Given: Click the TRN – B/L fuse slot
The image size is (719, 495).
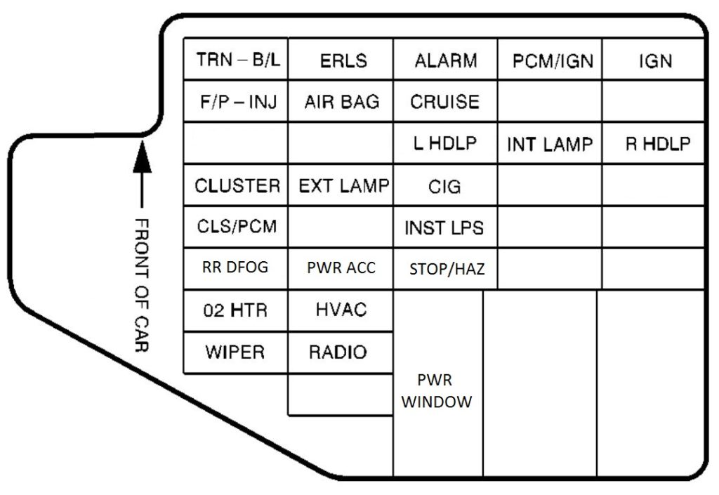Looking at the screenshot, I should pyautogui.click(x=238, y=60).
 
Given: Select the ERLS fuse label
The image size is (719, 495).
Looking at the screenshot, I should pyautogui.click(x=343, y=60).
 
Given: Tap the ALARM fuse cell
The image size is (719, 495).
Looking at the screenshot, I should pyautogui.click(x=445, y=60).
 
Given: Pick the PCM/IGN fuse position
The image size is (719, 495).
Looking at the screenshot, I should pyautogui.click(x=552, y=61).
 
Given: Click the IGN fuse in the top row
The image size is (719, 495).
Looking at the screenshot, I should pyautogui.click(x=654, y=61).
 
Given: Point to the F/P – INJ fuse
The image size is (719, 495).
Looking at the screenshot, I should pyautogui.click(x=238, y=102).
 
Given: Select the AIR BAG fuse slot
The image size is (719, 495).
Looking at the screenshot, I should pyautogui.click(x=342, y=102).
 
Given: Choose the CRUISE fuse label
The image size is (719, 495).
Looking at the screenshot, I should pyautogui.click(x=445, y=102).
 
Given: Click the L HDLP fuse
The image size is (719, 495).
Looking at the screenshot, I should pyautogui.click(x=445, y=143).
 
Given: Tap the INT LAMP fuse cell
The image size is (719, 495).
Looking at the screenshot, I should pyautogui.click(x=550, y=145).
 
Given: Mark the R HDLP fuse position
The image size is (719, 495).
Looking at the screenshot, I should pyautogui.click(x=657, y=144).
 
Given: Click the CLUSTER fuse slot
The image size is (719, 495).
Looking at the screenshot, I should pyautogui.click(x=237, y=186).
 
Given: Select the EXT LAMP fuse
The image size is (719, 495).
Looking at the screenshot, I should pyautogui.click(x=343, y=186).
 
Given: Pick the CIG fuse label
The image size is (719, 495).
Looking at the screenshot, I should pyautogui.click(x=445, y=186).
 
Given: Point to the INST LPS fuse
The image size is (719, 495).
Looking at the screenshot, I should pyautogui.click(x=444, y=227).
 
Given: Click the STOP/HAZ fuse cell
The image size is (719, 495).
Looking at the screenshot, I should pyautogui.click(x=447, y=268).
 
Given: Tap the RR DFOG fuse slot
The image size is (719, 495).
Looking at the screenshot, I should pyautogui.click(x=235, y=268).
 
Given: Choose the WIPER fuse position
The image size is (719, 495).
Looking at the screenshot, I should pyautogui.click(x=235, y=352).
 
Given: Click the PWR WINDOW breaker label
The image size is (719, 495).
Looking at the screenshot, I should pyautogui.click(x=437, y=392).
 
